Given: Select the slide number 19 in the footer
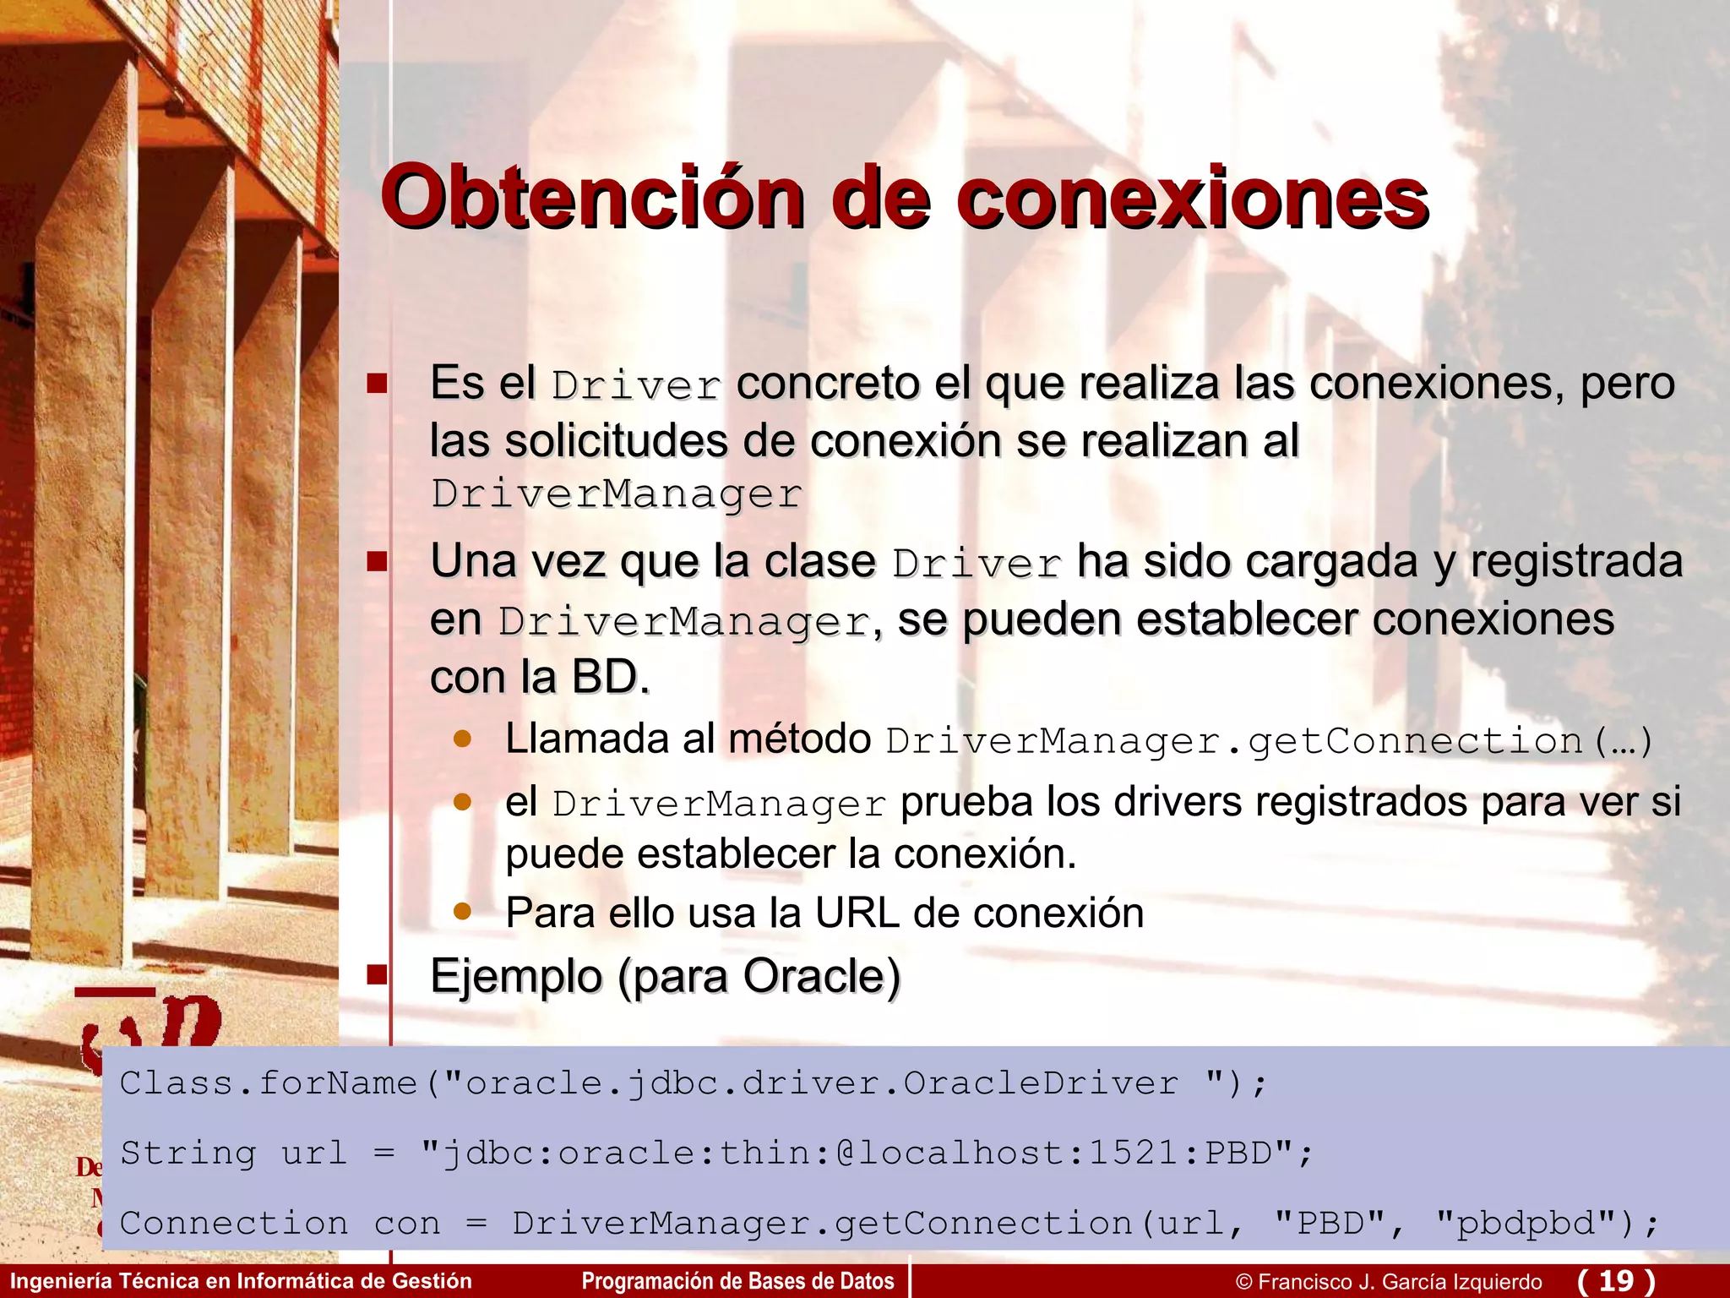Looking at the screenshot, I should (1616, 1280).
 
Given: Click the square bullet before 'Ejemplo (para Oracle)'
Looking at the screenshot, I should (377, 976).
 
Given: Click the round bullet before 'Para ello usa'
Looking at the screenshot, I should (462, 911).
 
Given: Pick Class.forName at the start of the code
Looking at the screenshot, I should (269, 1083).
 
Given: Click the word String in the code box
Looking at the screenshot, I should (188, 1153).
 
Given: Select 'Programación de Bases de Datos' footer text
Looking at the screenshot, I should (737, 1281).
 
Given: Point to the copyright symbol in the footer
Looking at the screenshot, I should (1243, 1282).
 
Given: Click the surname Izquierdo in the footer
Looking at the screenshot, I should (1497, 1282).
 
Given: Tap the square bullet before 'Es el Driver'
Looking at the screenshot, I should (377, 384).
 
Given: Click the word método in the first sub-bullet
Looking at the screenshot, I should (799, 739).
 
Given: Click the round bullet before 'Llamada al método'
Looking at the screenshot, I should (462, 739).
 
